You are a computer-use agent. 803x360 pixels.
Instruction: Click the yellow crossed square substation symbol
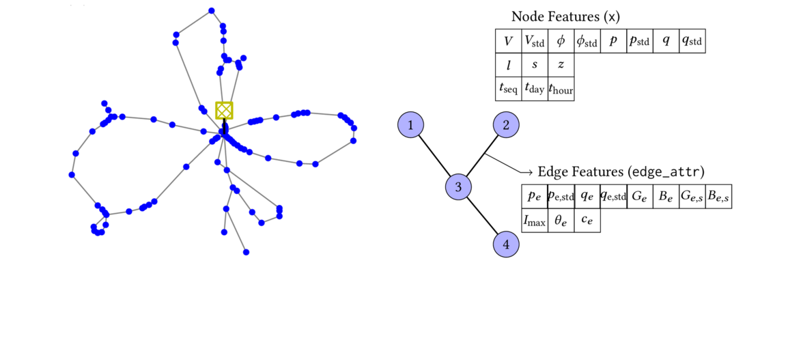pos(224,111)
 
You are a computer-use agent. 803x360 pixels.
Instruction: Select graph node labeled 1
pos(410,125)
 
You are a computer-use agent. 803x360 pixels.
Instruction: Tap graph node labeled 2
pos(506,125)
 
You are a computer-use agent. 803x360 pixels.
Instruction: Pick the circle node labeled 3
pos(459,186)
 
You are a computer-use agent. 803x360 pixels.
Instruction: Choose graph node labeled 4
pos(506,244)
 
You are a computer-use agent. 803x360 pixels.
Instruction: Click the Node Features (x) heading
pos(565,16)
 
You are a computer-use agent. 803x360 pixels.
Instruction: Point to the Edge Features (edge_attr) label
pos(621,171)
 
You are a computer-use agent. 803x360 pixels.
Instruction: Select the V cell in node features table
pos(508,41)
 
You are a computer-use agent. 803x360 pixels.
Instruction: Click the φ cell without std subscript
pos(561,41)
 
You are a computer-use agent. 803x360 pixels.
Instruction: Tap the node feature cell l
pos(508,65)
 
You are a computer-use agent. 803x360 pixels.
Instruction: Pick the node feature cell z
pos(561,65)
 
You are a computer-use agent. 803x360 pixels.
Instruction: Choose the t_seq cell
pos(508,88)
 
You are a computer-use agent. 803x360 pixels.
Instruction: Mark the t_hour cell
pos(561,88)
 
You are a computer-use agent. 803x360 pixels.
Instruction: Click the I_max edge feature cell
pos(535,220)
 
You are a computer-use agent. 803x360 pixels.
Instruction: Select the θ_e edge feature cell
pos(561,220)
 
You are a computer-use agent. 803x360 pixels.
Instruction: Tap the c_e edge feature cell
pos(587,220)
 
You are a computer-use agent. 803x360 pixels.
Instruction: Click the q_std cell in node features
pos(692,41)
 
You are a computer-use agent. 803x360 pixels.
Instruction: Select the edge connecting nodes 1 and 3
pos(434,155)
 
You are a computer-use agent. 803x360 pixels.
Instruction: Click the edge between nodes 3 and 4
pos(482,215)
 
